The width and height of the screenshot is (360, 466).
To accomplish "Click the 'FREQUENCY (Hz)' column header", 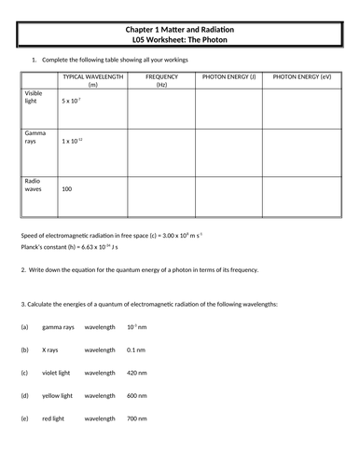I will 161,79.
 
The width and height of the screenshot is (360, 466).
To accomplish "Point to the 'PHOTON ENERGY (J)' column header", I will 228,75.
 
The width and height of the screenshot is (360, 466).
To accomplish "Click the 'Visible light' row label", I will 35,99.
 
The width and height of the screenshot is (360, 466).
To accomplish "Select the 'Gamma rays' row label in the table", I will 35,139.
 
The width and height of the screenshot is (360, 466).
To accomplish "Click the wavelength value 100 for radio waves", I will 66,188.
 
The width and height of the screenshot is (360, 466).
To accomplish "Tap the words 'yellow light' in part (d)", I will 58,395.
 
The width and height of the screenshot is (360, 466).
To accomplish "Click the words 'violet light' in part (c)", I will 57,373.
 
